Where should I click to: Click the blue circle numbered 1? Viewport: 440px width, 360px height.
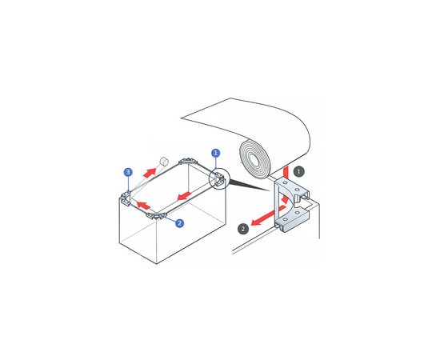click(215, 153)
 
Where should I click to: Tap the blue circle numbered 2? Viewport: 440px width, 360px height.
click(179, 223)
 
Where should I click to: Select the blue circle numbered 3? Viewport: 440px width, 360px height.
click(128, 172)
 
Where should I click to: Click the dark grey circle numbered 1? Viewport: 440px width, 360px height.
click(298, 171)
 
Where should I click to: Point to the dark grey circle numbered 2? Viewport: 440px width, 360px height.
click(243, 229)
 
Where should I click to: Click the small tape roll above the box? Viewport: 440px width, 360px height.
click(164, 162)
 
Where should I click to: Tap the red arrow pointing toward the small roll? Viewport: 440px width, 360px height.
click(150, 172)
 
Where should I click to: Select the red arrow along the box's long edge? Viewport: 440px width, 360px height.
click(185, 196)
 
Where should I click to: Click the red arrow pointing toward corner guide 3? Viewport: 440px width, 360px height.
click(143, 206)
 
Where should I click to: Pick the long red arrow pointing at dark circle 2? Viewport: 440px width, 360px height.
click(268, 216)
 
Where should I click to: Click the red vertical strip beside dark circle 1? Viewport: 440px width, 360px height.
click(286, 172)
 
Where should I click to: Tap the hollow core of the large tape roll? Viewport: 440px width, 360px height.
click(254, 160)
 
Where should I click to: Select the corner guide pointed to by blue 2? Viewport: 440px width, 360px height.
click(156, 216)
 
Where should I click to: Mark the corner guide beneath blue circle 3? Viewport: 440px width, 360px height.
click(126, 198)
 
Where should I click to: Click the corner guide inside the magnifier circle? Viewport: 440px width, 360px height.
click(220, 180)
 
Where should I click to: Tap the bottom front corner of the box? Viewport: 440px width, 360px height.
click(156, 264)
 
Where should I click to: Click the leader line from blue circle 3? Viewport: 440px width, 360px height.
click(128, 184)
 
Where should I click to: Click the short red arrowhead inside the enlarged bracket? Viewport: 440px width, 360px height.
click(285, 199)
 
